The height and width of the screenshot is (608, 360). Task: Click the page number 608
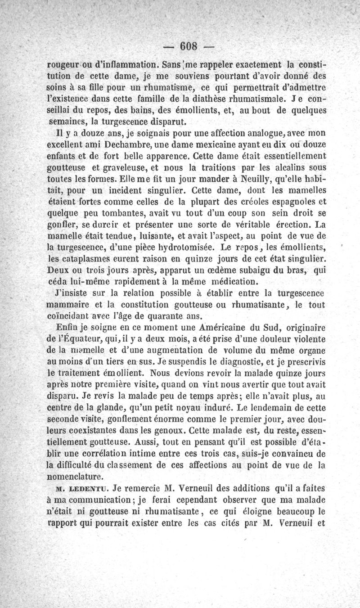coord(189,46)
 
